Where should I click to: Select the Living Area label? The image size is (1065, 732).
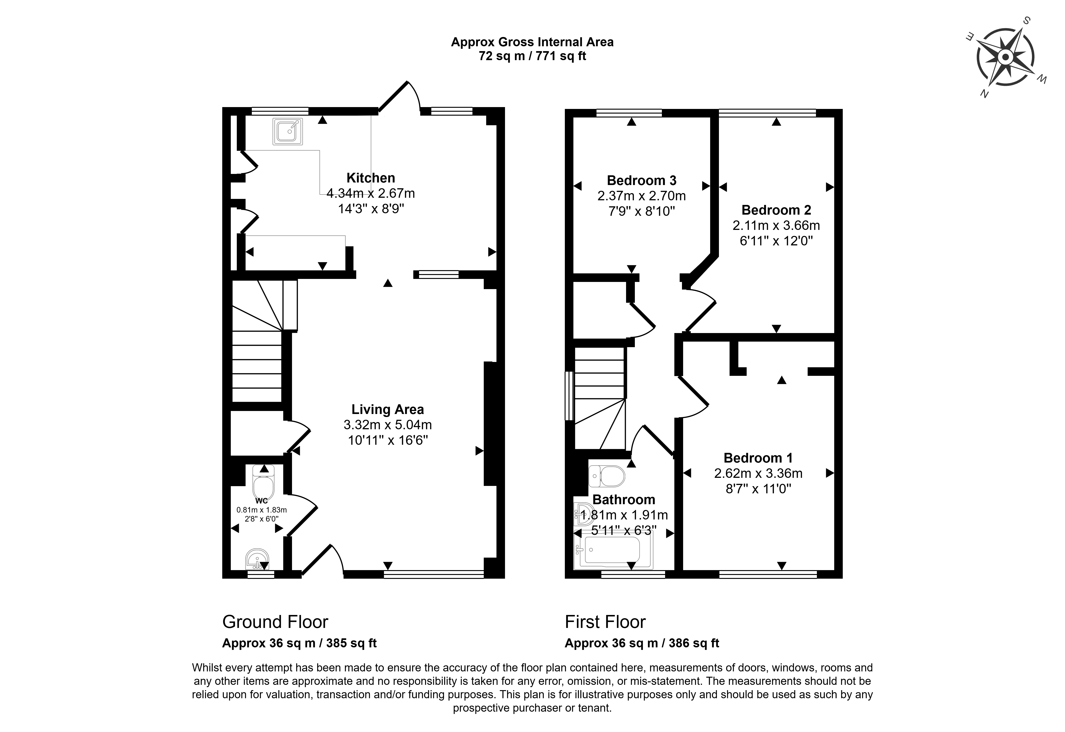388,410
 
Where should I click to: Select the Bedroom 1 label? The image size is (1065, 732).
758,458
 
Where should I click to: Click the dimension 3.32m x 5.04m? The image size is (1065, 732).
388,425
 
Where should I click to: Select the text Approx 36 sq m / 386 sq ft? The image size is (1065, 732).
642,643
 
